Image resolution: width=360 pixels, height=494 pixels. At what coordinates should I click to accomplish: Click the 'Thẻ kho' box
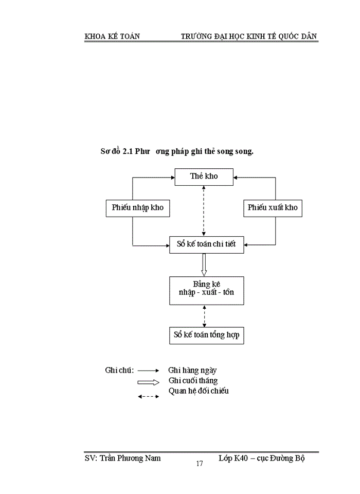click(204, 177)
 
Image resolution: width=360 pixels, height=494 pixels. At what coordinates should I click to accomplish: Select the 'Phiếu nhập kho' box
click(137, 208)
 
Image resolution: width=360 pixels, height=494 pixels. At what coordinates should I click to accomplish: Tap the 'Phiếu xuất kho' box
click(272, 208)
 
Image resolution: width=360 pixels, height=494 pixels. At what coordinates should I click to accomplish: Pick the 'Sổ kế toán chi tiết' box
click(206, 244)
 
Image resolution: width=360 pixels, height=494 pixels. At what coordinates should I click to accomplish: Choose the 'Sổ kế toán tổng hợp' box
click(206, 336)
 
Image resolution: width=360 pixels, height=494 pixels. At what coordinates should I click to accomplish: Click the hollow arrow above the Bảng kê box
click(204, 264)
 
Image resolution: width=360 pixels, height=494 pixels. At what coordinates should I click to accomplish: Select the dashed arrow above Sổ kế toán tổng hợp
click(204, 316)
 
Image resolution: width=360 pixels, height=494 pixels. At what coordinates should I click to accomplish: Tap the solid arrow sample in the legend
click(149, 370)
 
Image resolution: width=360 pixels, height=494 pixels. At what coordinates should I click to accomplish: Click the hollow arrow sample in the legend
click(149, 382)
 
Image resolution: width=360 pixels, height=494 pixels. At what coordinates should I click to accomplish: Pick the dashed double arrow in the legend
click(149, 396)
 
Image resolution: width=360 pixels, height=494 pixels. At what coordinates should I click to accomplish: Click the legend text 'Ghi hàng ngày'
click(192, 370)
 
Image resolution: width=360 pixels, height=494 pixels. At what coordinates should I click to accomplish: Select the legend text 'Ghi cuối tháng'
click(193, 381)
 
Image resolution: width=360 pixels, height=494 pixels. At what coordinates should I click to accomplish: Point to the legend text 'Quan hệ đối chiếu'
click(199, 391)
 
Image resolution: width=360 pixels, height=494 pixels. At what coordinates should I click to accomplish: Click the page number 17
click(200, 464)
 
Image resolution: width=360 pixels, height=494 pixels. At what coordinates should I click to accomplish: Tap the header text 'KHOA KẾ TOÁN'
click(112, 36)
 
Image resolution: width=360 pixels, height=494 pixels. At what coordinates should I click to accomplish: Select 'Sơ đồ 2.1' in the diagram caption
click(117, 152)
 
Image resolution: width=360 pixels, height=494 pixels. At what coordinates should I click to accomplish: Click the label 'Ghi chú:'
click(119, 370)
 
